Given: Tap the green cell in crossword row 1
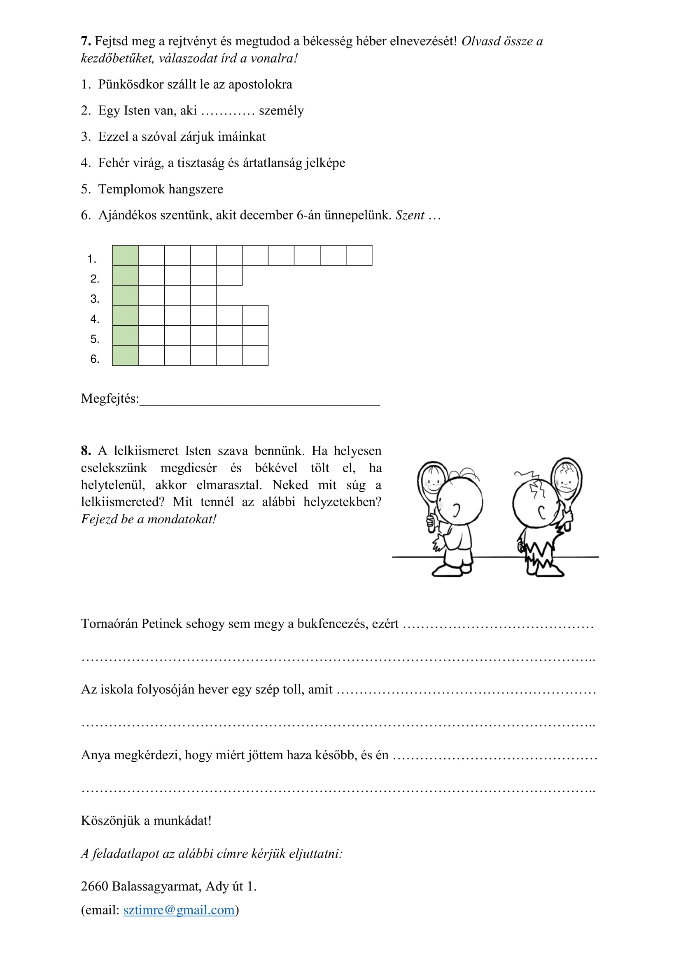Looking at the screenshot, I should pos(126,255).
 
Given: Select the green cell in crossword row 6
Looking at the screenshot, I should pos(126,356).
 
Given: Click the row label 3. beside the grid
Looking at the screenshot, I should pos(95,299).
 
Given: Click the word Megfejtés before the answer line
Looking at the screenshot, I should pos(110,398).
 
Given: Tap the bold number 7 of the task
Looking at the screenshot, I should pos(85,41).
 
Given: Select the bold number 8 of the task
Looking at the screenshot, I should pos(86,451).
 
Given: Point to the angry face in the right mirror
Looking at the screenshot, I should pos(567,477).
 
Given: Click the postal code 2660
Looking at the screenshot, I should pos(94,886).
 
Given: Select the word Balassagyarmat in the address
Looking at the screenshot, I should pos(157,886).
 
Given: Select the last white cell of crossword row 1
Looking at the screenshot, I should pos(359,255).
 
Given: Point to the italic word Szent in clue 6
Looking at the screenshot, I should pos(410,215).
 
